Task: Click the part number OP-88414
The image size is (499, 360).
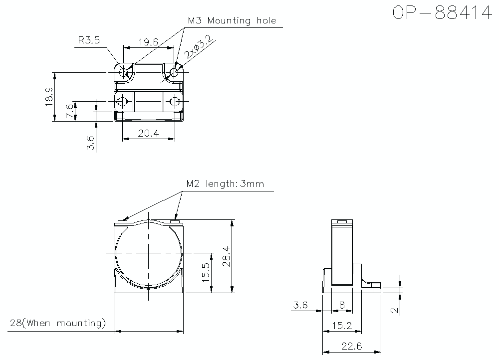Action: (x=442, y=13)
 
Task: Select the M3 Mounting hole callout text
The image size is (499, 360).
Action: (x=232, y=20)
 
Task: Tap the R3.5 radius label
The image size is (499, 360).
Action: (x=89, y=40)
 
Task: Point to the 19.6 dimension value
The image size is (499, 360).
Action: (x=148, y=42)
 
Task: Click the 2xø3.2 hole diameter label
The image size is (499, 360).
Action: (x=199, y=46)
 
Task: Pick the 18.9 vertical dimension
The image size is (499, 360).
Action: (x=49, y=97)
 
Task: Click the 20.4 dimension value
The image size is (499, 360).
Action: (x=148, y=133)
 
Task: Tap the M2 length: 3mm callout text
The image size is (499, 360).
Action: (x=225, y=184)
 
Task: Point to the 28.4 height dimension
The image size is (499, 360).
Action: (x=226, y=256)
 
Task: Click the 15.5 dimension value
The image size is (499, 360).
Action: (x=206, y=272)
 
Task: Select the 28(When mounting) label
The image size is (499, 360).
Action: (x=57, y=323)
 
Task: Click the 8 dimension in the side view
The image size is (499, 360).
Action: (x=342, y=305)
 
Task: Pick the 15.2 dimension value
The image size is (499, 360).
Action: (x=342, y=326)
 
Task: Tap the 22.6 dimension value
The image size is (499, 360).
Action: (x=352, y=346)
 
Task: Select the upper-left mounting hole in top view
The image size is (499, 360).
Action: (x=123, y=72)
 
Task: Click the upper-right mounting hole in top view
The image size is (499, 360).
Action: (x=174, y=72)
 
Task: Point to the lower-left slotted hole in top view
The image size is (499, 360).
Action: (x=122, y=102)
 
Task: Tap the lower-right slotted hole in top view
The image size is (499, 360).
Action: (x=175, y=102)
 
